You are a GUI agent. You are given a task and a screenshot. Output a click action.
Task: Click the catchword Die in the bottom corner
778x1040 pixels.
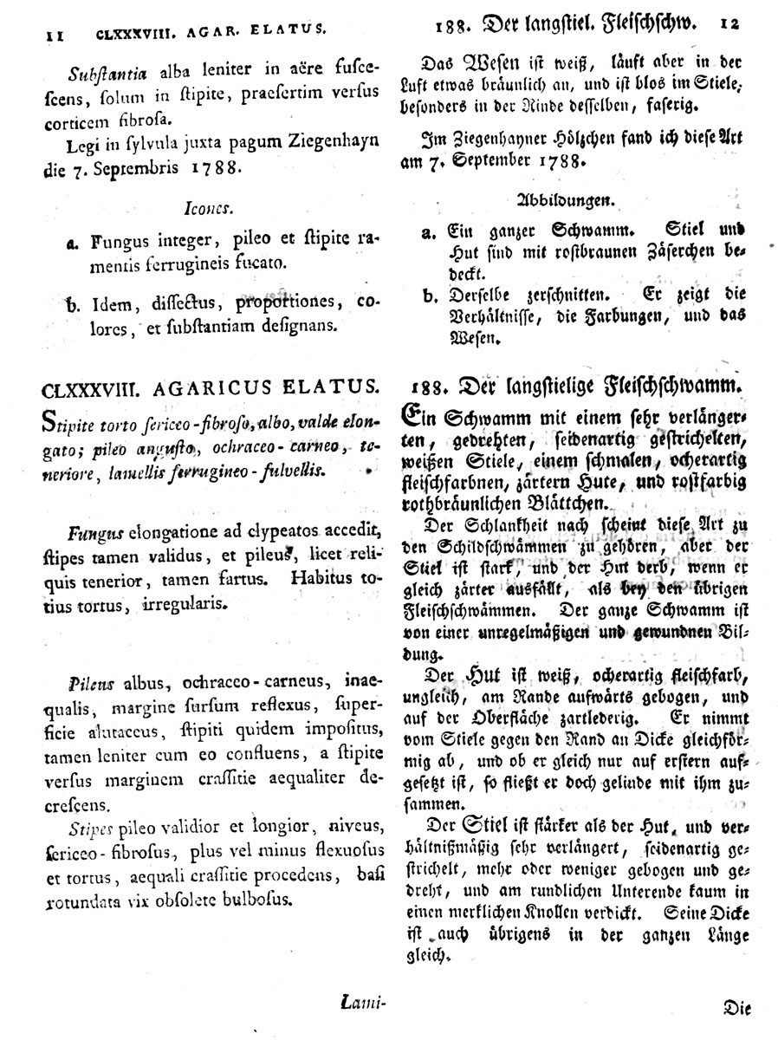[738, 1007]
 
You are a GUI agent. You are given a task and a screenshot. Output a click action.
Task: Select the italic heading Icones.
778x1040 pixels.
[204, 209]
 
